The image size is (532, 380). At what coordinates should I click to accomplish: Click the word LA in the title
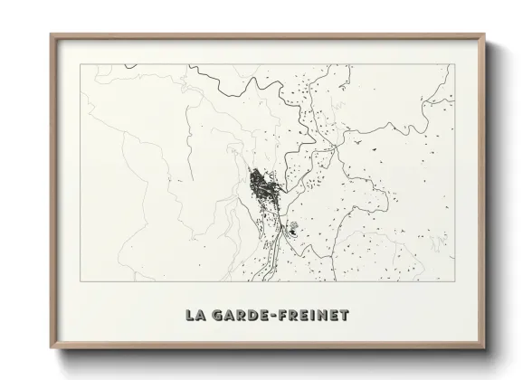coord(195,317)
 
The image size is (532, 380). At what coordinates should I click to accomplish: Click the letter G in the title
coord(216,317)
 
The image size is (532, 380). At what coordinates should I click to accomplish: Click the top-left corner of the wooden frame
coord(51,35)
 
